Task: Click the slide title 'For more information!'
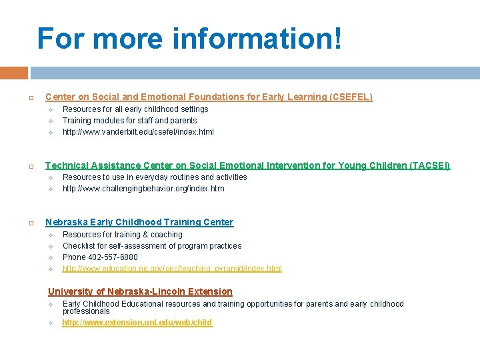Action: click(190, 39)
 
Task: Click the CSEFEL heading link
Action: click(209, 97)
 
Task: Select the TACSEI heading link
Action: click(247, 165)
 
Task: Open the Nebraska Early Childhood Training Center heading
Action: click(139, 222)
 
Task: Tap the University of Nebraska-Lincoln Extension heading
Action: click(140, 291)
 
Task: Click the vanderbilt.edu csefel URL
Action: click(138, 132)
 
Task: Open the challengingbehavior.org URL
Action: click(143, 189)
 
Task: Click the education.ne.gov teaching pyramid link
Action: click(172, 269)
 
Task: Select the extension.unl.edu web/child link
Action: click(137, 323)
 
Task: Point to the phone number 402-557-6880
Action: click(100, 257)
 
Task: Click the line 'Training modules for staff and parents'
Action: click(129, 121)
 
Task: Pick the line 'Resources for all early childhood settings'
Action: click(135, 109)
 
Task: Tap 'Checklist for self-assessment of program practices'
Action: click(152, 246)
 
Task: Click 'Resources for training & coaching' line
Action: click(122, 235)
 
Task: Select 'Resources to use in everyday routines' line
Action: click(155, 177)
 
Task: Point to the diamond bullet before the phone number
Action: click(51, 257)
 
